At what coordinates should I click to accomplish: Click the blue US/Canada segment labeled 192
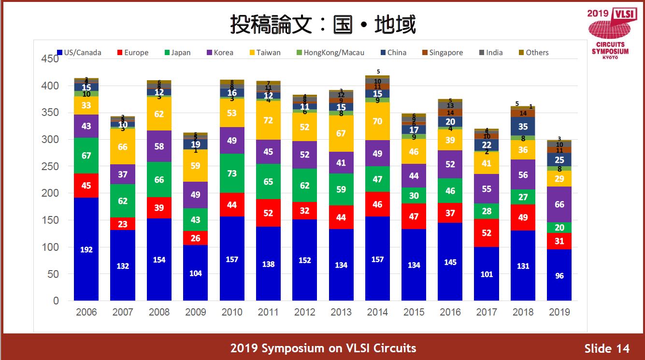[86, 249]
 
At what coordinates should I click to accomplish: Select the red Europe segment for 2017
[487, 232]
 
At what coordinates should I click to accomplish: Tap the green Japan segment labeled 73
[232, 173]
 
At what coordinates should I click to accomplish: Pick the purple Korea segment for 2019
[559, 204]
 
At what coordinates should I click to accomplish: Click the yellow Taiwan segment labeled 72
[268, 120]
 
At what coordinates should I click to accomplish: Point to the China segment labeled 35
[523, 127]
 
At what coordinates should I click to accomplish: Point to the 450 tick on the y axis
[49, 59]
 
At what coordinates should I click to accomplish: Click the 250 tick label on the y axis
[49, 166]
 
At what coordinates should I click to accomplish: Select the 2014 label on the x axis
[377, 312]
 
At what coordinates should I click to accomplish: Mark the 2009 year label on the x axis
[195, 312]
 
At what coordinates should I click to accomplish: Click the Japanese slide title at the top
[322, 24]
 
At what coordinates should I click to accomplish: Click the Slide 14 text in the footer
[607, 348]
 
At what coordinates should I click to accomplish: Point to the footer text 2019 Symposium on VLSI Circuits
[323, 348]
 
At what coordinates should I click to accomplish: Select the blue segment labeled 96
[559, 275]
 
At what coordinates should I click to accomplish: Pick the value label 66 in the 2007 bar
[123, 146]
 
